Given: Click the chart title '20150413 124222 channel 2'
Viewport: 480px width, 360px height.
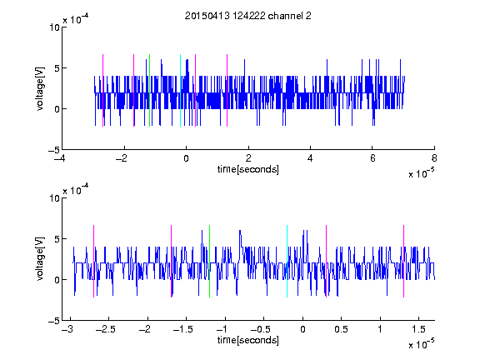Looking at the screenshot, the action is [x=248, y=16].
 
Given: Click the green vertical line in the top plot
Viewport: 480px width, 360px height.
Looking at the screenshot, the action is [x=149, y=90].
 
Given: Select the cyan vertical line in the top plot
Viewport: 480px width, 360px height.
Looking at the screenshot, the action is [x=180, y=90].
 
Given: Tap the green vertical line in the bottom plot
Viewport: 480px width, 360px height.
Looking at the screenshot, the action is [x=209, y=261].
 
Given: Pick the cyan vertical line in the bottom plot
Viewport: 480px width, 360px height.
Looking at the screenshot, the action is [x=287, y=261].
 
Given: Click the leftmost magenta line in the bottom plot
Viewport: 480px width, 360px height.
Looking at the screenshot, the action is [x=93, y=261].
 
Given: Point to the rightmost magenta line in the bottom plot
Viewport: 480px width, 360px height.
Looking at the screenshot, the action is [x=403, y=261].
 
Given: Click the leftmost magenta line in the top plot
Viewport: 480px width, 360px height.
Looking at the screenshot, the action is [x=102, y=90].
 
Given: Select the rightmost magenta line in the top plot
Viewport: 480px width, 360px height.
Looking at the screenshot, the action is [x=227, y=90].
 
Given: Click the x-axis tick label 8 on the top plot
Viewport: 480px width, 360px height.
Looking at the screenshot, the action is [x=434, y=158].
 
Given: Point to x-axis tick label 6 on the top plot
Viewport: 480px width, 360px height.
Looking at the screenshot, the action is [x=372, y=158].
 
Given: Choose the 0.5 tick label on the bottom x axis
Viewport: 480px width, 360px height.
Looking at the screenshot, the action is [x=341, y=329].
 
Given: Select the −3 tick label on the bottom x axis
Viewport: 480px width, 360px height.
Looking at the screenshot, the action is [x=67, y=329].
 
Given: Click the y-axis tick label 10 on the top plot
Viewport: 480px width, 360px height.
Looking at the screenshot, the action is [x=54, y=27].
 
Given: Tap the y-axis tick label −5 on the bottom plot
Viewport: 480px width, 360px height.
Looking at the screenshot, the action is [x=54, y=321].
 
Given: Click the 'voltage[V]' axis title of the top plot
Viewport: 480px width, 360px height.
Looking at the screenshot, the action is [x=40, y=88].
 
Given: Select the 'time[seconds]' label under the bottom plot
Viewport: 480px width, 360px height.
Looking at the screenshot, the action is [x=248, y=340].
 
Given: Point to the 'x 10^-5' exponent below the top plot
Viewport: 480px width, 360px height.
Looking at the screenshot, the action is [x=421, y=173].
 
